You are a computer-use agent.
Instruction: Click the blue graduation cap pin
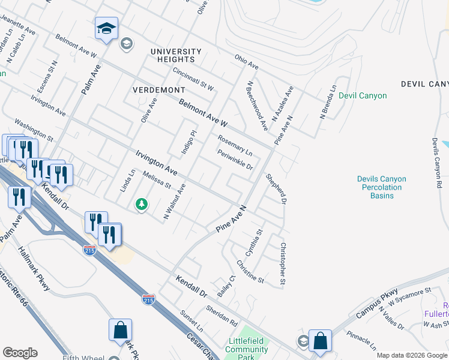tap(106, 28)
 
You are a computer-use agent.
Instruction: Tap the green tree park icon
tap(142, 205)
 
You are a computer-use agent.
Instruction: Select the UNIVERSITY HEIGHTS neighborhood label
tap(176, 55)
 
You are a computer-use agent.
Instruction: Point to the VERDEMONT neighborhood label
tap(159, 89)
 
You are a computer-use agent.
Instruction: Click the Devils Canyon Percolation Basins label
tap(381, 187)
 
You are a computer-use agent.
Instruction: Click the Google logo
tap(20, 353)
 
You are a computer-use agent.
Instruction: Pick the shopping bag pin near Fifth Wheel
tap(120, 330)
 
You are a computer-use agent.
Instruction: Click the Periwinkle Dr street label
tap(235, 159)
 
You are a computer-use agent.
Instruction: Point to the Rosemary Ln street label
tap(235, 146)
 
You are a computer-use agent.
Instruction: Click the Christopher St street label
tap(283, 264)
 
